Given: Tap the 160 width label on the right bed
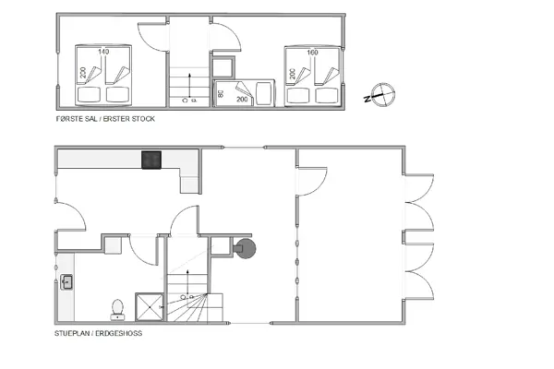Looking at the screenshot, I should (311, 53).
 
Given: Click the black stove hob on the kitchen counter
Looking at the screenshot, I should (152, 160).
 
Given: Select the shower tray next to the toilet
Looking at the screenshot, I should (149, 307).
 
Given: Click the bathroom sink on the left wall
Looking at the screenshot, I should (67, 283).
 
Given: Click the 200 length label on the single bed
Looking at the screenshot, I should (244, 98).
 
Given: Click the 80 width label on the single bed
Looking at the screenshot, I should (221, 92).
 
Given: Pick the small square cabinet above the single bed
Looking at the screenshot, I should (224, 65).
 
